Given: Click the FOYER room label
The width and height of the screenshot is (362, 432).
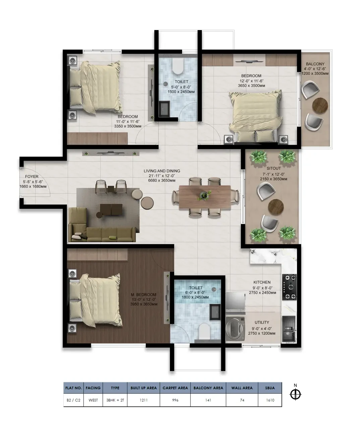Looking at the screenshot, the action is (x=32, y=176).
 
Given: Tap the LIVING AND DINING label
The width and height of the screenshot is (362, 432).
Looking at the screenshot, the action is (x=162, y=171).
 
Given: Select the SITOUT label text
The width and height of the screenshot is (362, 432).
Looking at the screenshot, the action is (x=274, y=168).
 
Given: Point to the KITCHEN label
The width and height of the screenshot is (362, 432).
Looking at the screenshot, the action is (x=262, y=282).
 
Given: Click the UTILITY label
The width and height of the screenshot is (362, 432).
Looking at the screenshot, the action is (x=262, y=322).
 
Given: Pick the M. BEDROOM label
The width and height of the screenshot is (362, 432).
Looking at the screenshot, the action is (x=143, y=294).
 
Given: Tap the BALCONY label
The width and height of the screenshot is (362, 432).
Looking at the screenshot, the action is (x=315, y=64).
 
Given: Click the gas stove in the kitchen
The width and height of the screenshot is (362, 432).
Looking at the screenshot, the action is (x=289, y=287).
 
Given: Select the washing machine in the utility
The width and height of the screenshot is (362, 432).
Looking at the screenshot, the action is (x=235, y=329).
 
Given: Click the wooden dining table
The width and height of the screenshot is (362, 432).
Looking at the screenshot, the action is (x=205, y=197).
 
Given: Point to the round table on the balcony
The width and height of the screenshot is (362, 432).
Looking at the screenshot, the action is (x=320, y=105).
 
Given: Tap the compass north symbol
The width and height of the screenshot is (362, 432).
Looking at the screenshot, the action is (x=295, y=394).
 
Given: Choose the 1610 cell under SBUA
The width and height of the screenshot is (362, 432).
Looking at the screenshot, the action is (x=270, y=400).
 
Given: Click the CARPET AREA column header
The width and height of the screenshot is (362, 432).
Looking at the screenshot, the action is (x=175, y=388).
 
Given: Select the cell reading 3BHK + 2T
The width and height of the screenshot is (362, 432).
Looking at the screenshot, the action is (x=115, y=400).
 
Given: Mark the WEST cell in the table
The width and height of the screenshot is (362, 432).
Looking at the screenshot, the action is (x=93, y=400).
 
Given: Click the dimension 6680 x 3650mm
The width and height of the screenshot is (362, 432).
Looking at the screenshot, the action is (x=162, y=180).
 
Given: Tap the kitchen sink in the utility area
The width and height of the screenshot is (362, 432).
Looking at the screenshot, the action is (x=289, y=329).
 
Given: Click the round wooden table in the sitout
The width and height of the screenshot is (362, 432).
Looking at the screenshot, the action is (x=276, y=207).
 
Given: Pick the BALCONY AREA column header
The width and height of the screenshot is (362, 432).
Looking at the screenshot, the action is (x=208, y=388).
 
